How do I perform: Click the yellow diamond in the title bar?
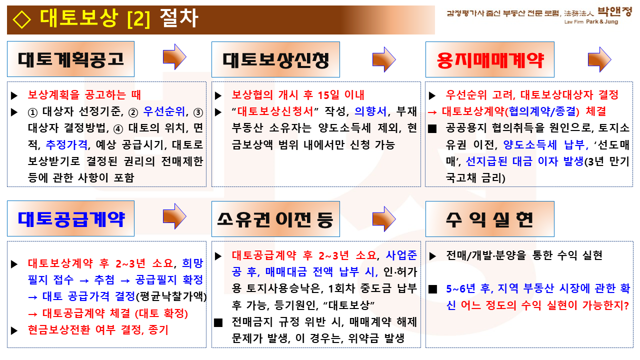(21, 19)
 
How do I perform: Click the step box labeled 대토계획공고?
(70, 59)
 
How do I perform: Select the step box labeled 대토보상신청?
(275, 59)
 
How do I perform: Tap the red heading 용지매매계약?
(489, 60)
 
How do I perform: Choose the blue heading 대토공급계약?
(71, 219)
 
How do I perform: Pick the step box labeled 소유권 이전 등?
(275, 219)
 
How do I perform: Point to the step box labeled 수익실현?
(489, 219)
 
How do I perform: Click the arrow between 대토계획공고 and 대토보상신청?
(174, 57)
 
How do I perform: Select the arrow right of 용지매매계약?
(599, 59)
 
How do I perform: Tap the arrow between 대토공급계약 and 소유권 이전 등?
(174, 216)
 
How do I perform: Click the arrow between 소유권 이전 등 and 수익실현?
(384, 219)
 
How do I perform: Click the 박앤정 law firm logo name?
(614, 11)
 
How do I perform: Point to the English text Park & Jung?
(601, 21)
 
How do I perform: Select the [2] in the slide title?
(138, 19)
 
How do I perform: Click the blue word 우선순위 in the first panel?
(164, 111)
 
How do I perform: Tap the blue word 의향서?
(370, 111)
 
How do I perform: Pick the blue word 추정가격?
(66, 144)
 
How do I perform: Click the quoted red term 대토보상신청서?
(275, 111)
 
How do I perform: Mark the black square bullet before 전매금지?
(218, 322)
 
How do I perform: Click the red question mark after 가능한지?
(626, 305)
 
